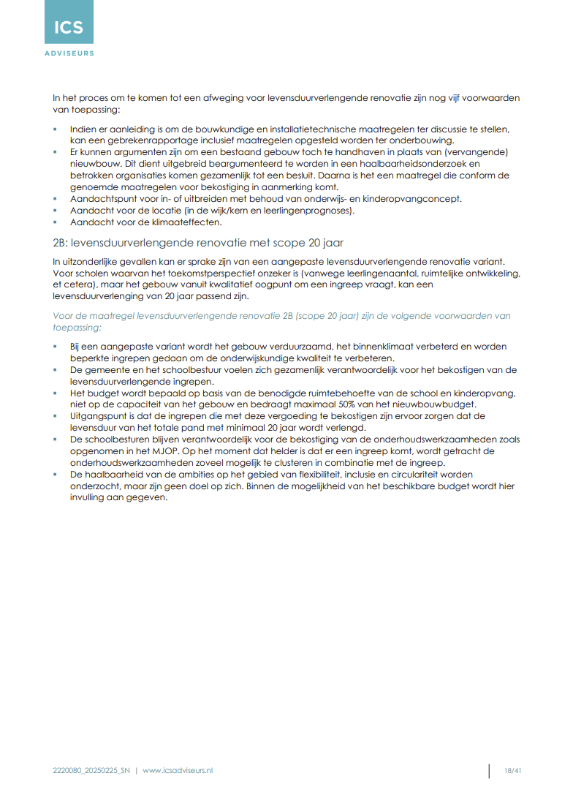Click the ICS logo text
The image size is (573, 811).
[69, 29]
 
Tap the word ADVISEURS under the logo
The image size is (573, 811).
[69, 53]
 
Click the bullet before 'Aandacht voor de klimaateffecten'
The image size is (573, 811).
[55, 222]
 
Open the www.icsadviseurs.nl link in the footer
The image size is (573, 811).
[178, 771]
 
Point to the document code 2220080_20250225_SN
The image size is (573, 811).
[91, 771]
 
